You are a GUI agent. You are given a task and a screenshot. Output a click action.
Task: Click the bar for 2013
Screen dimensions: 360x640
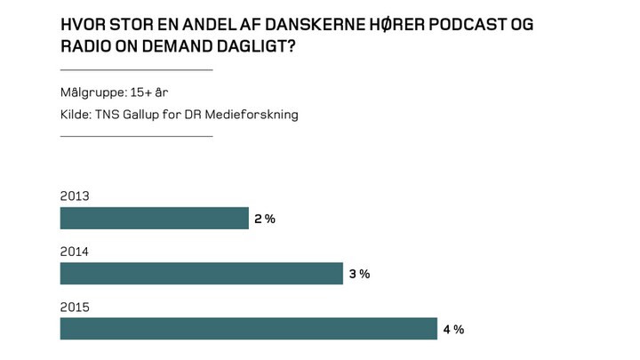[154, 218]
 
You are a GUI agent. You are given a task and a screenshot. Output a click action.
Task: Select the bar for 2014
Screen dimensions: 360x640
[201, 273]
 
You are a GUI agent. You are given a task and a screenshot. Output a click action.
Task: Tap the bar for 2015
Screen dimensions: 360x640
[248, 328]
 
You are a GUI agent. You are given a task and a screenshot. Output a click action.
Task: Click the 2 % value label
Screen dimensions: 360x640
[264, 219]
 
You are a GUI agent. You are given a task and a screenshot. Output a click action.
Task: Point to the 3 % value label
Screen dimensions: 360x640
[358, 274]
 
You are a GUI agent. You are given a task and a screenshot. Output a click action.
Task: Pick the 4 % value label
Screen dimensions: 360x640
[453, 329]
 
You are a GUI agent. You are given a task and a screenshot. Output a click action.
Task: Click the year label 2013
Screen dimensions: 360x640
[75, 196]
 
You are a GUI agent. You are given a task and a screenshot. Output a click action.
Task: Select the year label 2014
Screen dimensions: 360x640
[75, 252]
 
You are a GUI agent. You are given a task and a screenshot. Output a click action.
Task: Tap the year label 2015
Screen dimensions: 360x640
[75, 307]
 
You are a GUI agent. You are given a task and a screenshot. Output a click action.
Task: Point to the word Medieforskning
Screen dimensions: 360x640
[254, 114]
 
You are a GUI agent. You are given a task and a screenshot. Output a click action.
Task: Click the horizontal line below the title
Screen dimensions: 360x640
[136, 69]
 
